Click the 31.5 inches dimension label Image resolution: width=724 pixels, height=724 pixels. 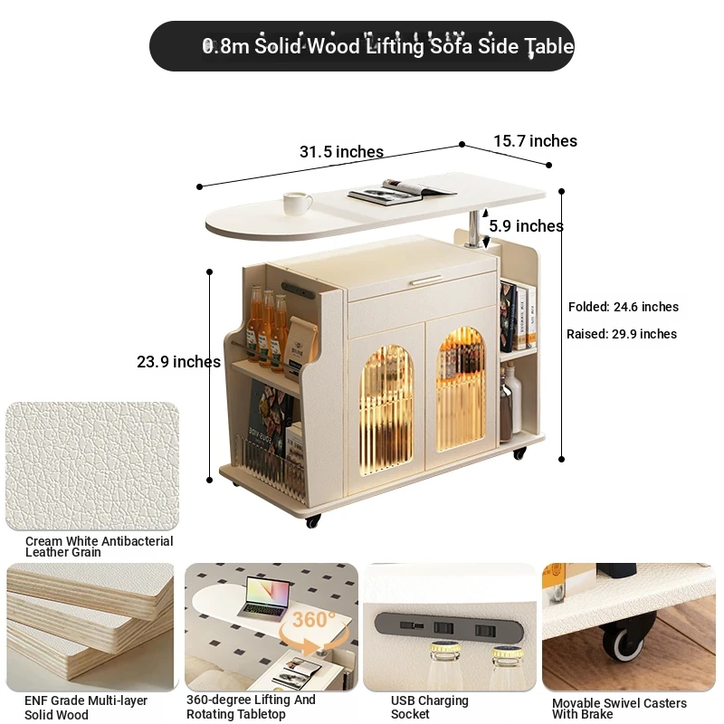pyautogui.click(x=341, y=151)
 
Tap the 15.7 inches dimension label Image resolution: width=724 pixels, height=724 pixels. pyautogui.click(x=535, y=141)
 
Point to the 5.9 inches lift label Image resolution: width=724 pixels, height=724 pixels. pyautogui.click(x=526, y=225)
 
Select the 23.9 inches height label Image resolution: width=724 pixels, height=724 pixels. pyautogui.click(x=178, y=361)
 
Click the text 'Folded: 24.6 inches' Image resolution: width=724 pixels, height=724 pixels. pyautogui.click(x=624, y=307)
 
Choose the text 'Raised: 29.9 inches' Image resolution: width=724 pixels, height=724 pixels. pyautogui.click(x=622, y=334)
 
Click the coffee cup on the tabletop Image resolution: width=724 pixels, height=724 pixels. pyautogui.click(x=298, y=203)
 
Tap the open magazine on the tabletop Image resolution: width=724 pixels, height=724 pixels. pyautogui.click(x=401, y=190)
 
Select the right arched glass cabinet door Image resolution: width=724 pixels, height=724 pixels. pyautogui.click(x=462, y=389)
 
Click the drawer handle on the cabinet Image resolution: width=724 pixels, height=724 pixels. pyautogui.click(x=426, y=280)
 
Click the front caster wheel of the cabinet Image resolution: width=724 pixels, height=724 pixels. pyautogui.click(x=312, y=521)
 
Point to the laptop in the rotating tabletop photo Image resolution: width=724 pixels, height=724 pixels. pyautogui.click(x=264, y=598)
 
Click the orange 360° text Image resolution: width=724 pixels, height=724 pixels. pyautogui.click(x=313, y=620)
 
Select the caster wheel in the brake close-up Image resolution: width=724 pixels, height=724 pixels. pyautogui.click(x=624, y=641)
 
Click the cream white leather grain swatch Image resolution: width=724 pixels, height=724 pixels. pyautogui.click(x=92, y=466)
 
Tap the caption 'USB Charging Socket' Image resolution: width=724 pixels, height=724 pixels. pyautogui.click(x=429, y=707)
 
